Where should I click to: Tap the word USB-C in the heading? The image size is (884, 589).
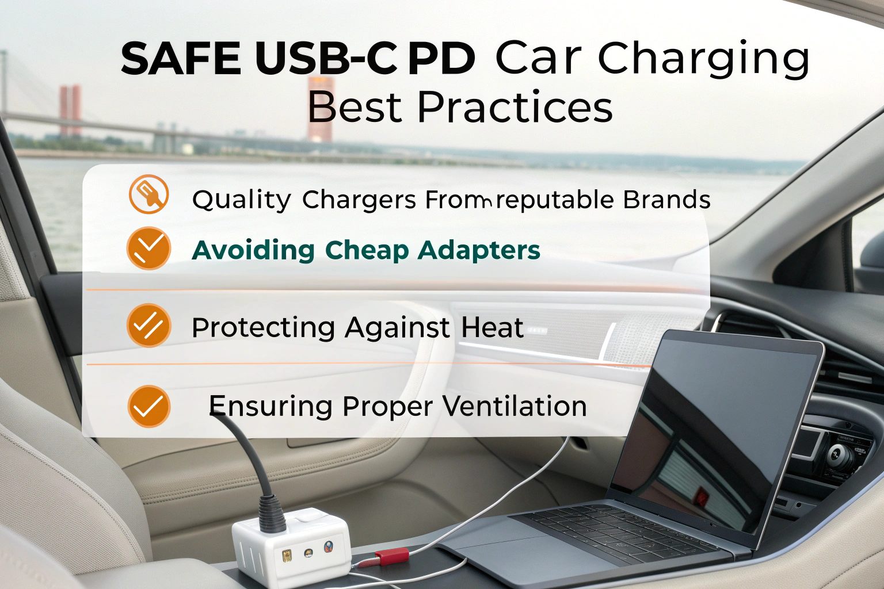(x=326, y=59)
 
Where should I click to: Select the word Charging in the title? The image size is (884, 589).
(x=703, y=59)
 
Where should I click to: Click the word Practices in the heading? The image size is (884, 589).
(x=515, y=108)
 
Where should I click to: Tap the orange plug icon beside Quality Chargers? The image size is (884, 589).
(x=148, y=194)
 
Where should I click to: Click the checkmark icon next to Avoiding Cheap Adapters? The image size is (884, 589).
(x=148, y=248)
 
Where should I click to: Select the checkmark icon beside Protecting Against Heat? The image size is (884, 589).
(x=148, y=325)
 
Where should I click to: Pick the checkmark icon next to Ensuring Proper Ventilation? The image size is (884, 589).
(x=148, y=406)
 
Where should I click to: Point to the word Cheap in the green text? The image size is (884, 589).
(x=367, y=250)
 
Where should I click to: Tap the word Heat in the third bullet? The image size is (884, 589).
(x=493, y=328)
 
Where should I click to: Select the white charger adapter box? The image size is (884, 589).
(x=291, y=546)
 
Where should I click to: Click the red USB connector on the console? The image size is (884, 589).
(x=391, y=556)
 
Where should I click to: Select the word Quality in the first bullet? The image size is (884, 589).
(x=242, y=200)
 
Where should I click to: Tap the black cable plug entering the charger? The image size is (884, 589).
(x=272, y=512)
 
